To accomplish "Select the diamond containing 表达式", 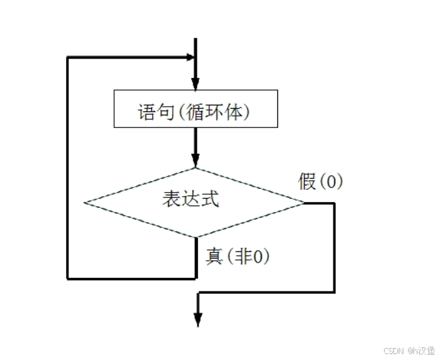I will click(194, 201).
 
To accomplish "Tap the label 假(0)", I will click(320, 181).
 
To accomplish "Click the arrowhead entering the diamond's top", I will click(195, 161).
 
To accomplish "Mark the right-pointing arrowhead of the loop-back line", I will click(188, 57).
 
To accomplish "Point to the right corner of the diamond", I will click(303, 201).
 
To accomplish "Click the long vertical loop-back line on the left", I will click(67, 167).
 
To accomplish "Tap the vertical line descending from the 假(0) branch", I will click(333, 247).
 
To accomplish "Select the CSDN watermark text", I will click(408, 350).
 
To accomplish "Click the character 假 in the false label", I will click(307, 181).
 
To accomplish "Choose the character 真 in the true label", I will click(214, 256).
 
